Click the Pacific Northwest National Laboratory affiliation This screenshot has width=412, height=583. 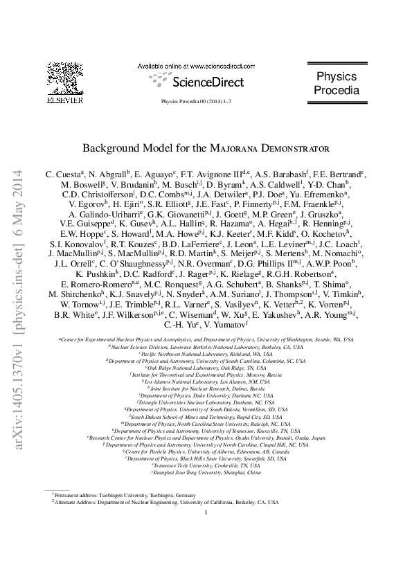(206, 352)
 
